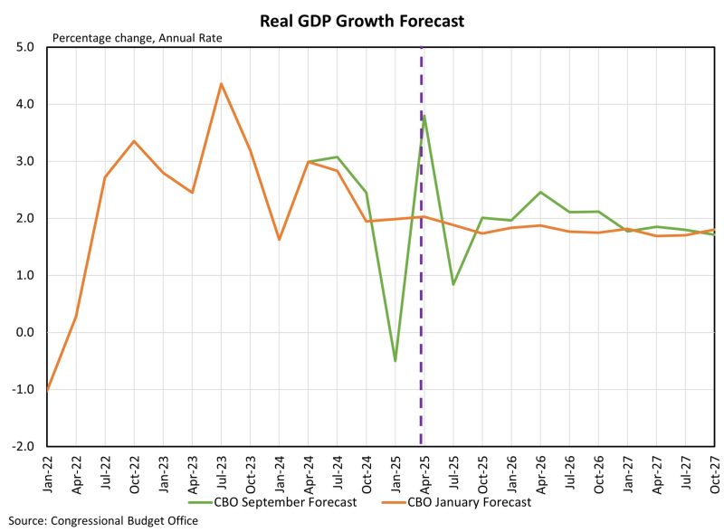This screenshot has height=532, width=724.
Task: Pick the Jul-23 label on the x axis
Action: [x=221, y=469]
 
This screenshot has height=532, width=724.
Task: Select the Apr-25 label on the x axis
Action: [x=423, y=469]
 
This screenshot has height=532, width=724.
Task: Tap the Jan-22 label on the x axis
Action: [x=48, y=469]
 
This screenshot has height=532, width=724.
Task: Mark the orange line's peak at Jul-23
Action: [x=221, y=84]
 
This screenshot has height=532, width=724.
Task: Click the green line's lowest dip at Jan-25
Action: [x=395, y=361]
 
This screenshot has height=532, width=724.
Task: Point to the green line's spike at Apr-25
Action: [x=424, y=116]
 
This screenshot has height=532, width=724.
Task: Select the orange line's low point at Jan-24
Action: [x=279, y=240]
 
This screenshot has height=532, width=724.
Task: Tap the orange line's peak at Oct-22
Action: [x=134, y=141]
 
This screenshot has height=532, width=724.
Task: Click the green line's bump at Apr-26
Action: [x=539, y=192]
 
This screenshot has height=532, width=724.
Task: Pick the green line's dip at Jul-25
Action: [x=452, y=284]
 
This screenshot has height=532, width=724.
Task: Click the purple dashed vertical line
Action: [x=421, y=271]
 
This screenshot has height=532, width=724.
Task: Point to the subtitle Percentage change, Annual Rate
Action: [x=137, y=38]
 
